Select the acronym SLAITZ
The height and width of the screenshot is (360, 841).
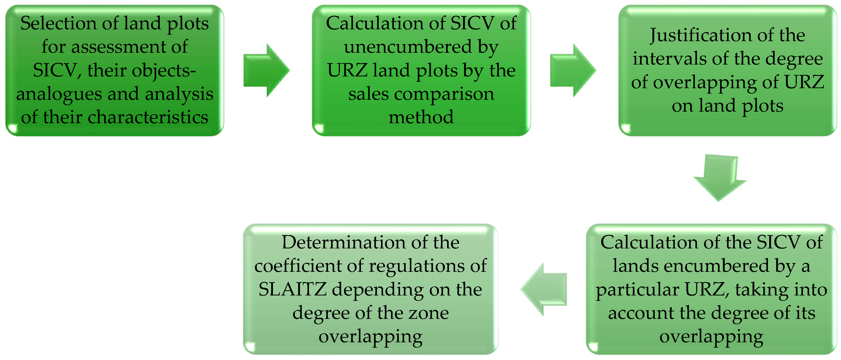[293, 290]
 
